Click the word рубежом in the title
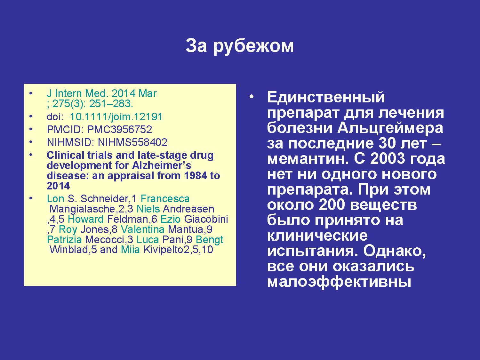253,47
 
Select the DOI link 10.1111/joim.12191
116,117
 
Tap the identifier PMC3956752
120,130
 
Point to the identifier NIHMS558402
132,142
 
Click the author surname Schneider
105,199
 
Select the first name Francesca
165,199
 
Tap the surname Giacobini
206,219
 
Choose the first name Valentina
143,229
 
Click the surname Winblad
69,250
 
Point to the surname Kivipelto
163,250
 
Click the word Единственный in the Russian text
326,97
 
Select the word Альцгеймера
390,128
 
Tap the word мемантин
308,159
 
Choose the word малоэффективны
339,282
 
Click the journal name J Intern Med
78,93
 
